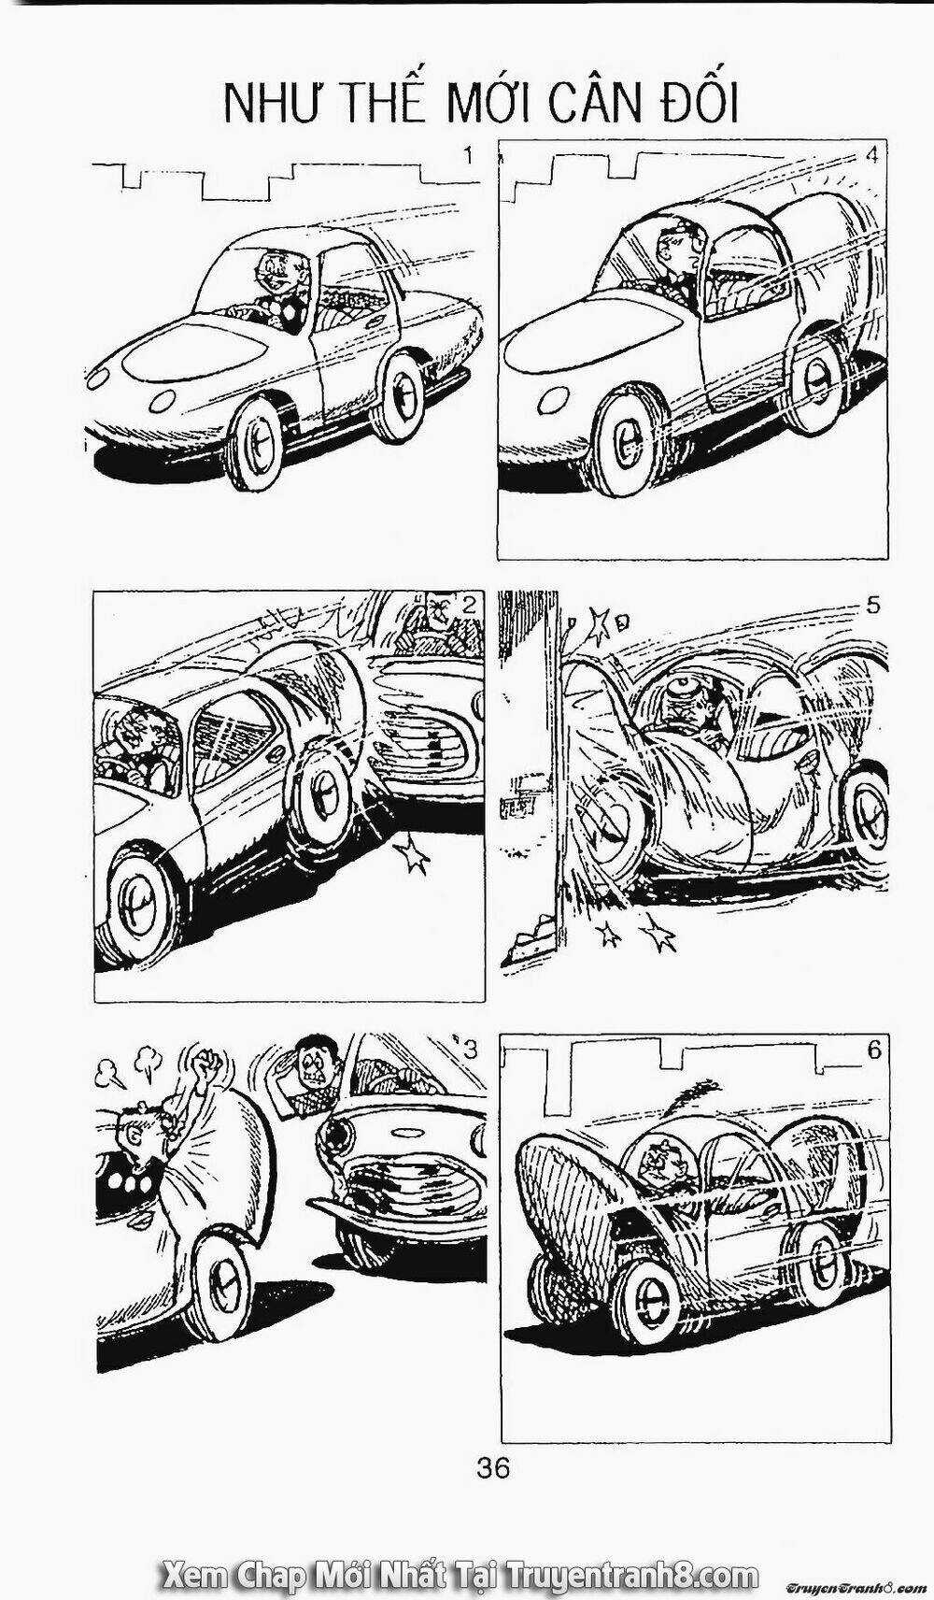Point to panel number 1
(x=468, y=155)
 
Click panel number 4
(x=871, y=155)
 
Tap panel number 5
(x=871, y=605)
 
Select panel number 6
(x=875, y=1050)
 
